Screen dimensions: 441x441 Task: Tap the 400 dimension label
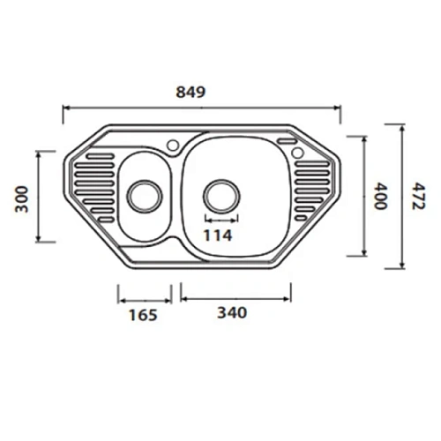[x=380, y=196]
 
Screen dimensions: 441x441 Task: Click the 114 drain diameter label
[x=219, y=235]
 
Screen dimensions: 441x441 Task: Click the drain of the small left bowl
[x=143, y=193]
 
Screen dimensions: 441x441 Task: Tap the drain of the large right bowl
[x=220, y=193]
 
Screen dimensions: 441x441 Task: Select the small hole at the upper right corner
[x=298, y=154]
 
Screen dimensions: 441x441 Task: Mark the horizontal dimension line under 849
[x=202, y=108]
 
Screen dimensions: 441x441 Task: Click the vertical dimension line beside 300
[x=38, y=197]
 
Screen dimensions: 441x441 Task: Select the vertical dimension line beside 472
[x=402, y=196]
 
